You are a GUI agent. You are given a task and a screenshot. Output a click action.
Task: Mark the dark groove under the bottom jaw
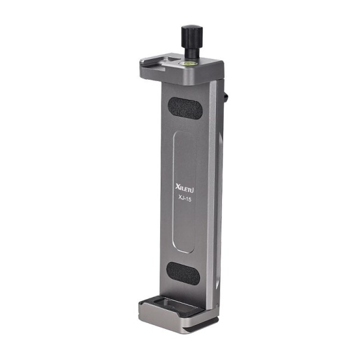(x=184, y=327)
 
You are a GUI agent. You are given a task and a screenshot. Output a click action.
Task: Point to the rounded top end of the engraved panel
(x=183, y=134)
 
